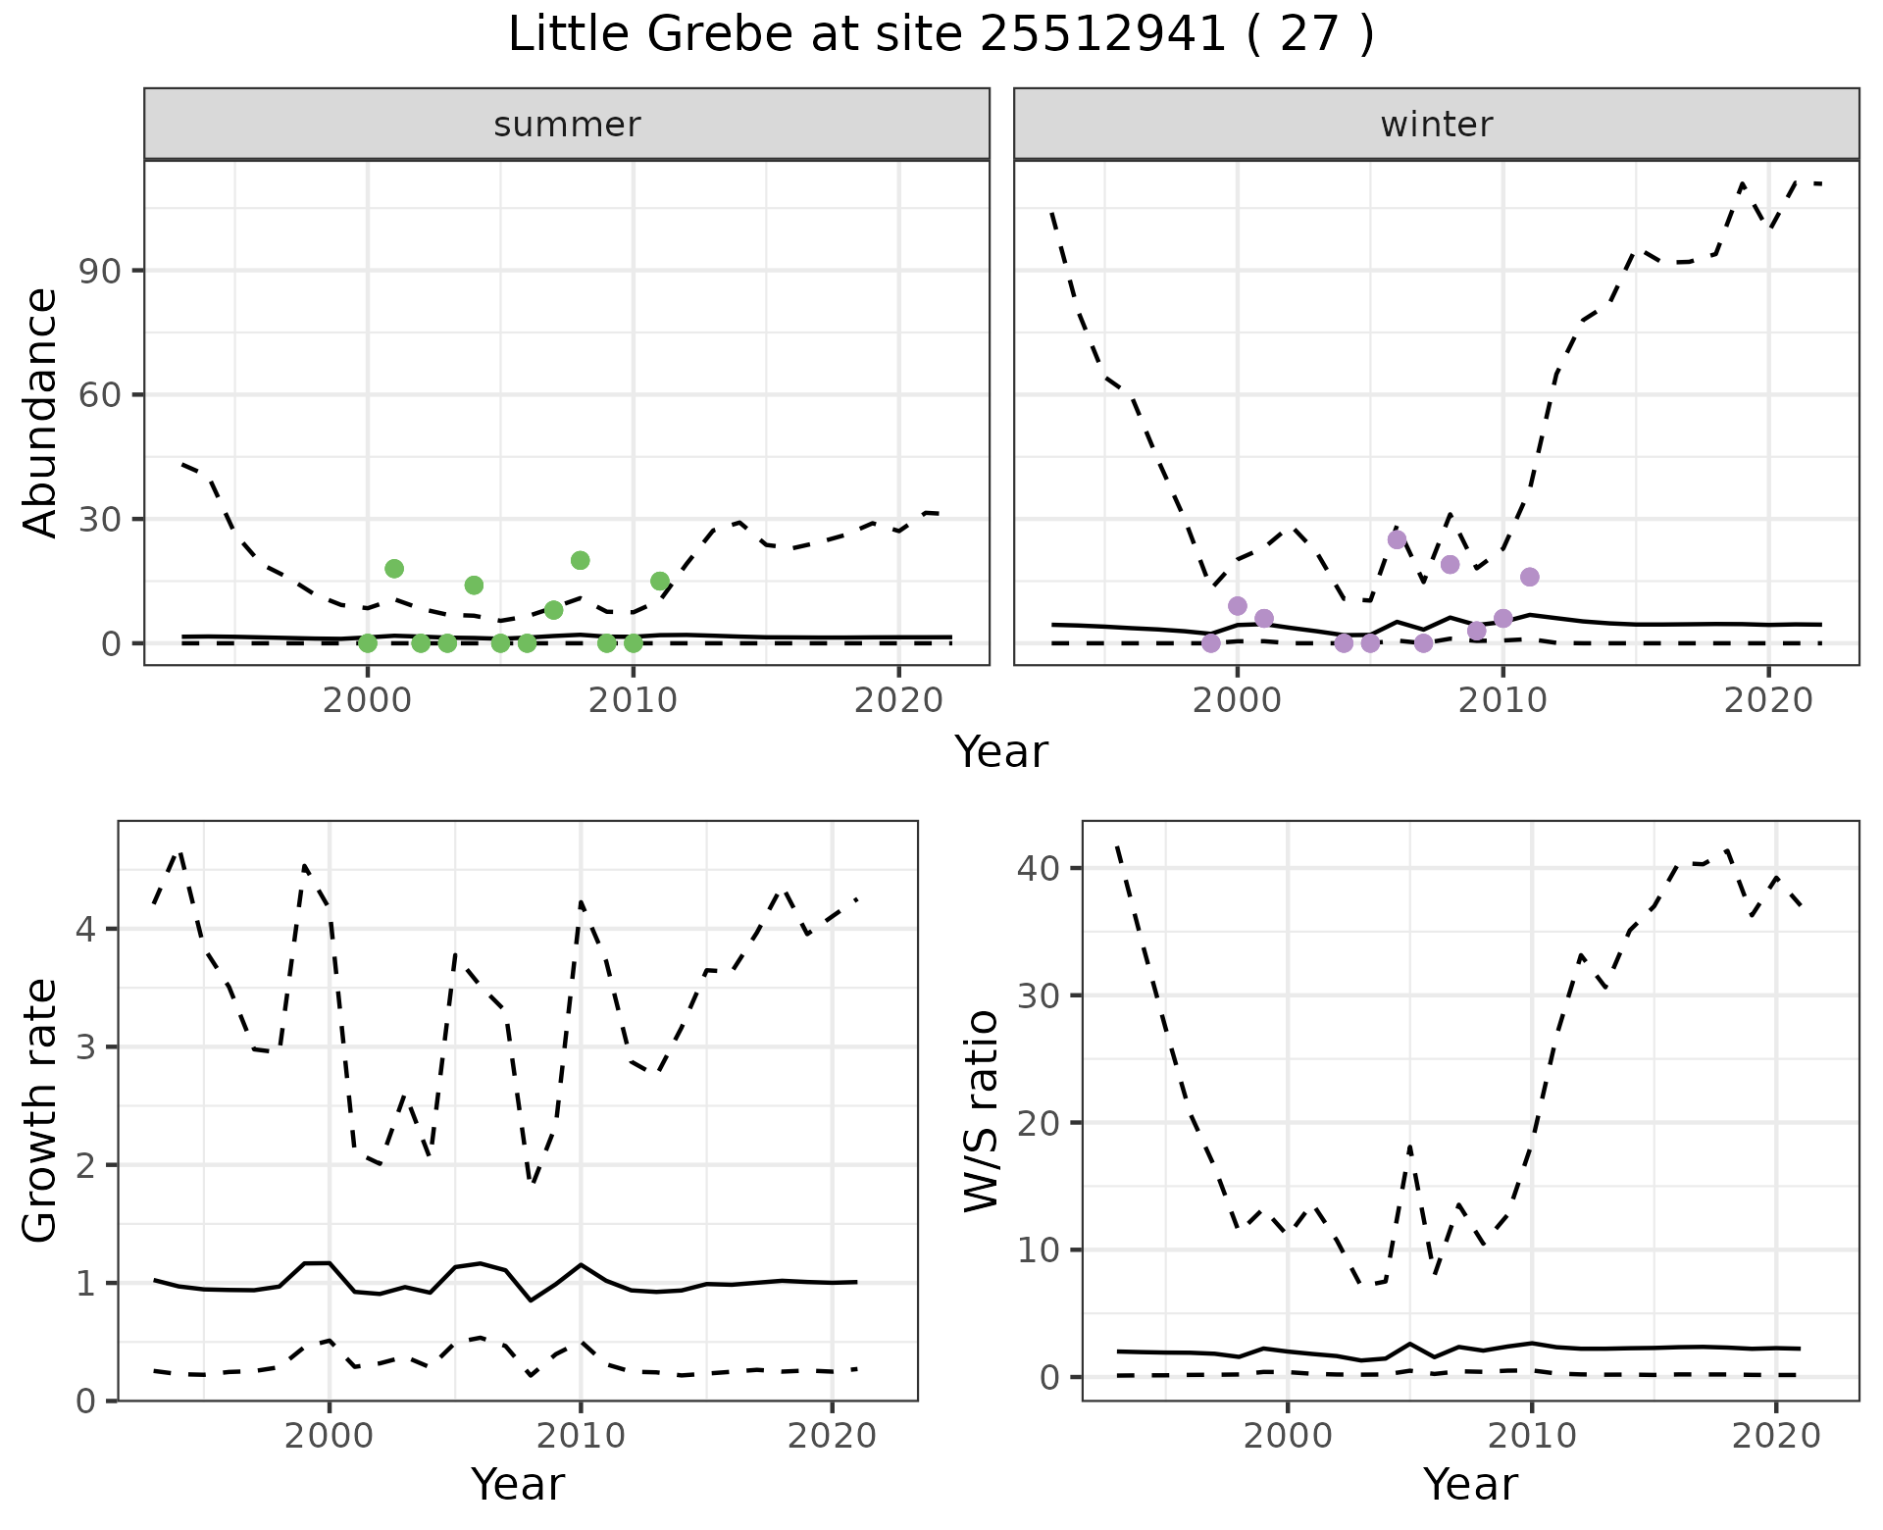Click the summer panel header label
[567, 125]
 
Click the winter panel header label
[1436, 125]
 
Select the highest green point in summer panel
[580, 560]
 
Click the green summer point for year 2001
[394, 569]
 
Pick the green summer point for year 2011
[660, 581]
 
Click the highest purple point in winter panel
[1397, 539]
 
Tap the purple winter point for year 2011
[1530, 577]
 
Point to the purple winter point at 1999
[1211, 643]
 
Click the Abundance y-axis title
[41, 412]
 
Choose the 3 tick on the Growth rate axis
[86, 1047]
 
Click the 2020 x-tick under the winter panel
[1768, 701]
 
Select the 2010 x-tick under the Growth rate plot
[581, 1437]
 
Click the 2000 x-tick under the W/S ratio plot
[1288, 1437]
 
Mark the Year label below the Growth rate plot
[518, 1484]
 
